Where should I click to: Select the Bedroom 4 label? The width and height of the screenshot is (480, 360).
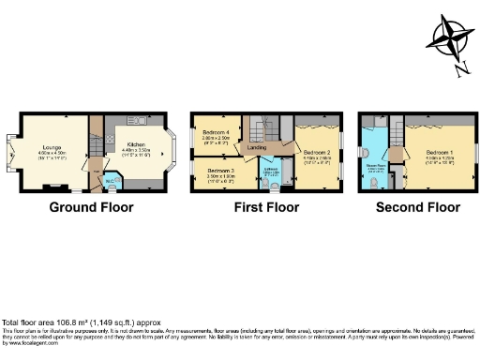point(215,132)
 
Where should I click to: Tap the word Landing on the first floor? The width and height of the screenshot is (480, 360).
point(257,148)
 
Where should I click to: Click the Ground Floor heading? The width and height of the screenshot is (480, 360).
point(91,207)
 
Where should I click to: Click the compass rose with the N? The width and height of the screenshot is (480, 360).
point(450,41)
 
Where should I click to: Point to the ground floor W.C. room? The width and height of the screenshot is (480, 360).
point(110,179)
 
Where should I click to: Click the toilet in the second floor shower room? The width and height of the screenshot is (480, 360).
point(375,184)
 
